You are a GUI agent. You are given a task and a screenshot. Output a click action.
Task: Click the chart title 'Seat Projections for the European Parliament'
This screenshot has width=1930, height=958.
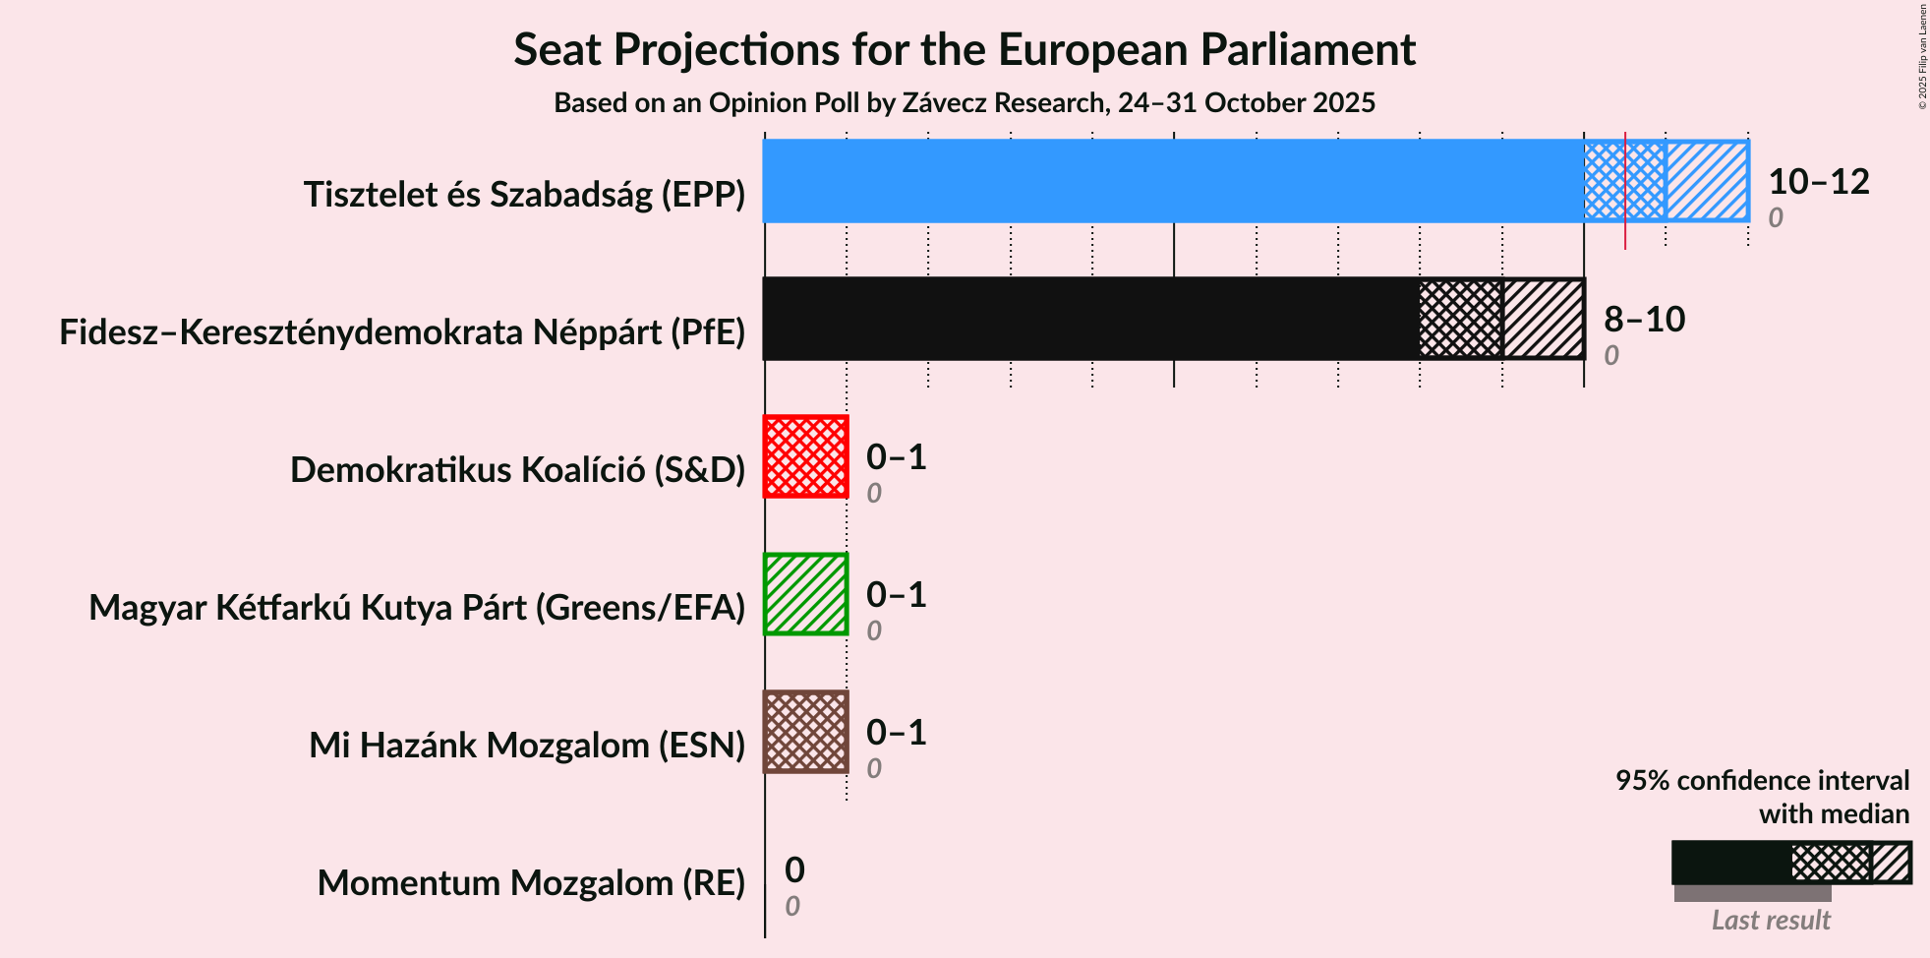[x=964, y=49]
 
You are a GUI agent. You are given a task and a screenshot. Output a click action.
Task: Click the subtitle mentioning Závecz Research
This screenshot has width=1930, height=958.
[x=964, y=103]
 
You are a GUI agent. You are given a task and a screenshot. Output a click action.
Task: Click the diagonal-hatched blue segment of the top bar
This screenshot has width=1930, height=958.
[x=1707, y=181]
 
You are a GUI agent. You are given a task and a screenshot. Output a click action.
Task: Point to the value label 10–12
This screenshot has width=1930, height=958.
[x=1818, y=182]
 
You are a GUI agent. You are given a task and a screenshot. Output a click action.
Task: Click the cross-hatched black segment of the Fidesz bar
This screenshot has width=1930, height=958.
[x=1460, y=319]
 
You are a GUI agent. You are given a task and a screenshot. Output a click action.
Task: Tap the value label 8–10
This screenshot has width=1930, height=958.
[x=1644, y=320]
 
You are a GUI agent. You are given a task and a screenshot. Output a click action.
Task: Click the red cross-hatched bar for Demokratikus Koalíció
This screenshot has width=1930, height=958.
[x=805, y=456]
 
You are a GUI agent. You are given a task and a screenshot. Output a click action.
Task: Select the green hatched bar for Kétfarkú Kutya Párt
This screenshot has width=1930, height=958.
[x=805, y=594]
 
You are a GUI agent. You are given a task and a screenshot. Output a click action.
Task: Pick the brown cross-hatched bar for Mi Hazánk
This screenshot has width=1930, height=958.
[x=805, y=732]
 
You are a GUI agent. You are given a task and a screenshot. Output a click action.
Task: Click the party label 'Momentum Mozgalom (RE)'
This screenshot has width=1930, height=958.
[x=531, y=883]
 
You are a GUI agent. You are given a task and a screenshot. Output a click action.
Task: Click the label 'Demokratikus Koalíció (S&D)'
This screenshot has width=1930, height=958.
[x=517, y=470]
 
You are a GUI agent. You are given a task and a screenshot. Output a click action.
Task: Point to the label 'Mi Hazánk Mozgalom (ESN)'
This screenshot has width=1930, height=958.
[x=527, y=746]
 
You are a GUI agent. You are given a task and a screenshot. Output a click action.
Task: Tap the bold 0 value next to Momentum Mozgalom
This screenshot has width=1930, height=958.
[x=794, y=869]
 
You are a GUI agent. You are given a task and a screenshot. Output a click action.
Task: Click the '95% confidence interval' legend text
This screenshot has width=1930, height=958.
[x=1762, y=781]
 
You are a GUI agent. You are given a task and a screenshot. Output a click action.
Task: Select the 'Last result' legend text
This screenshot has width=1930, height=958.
[x=1770, y=921]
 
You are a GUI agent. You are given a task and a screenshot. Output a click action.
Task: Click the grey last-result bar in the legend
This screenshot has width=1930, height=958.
[x=1752, y=893]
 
